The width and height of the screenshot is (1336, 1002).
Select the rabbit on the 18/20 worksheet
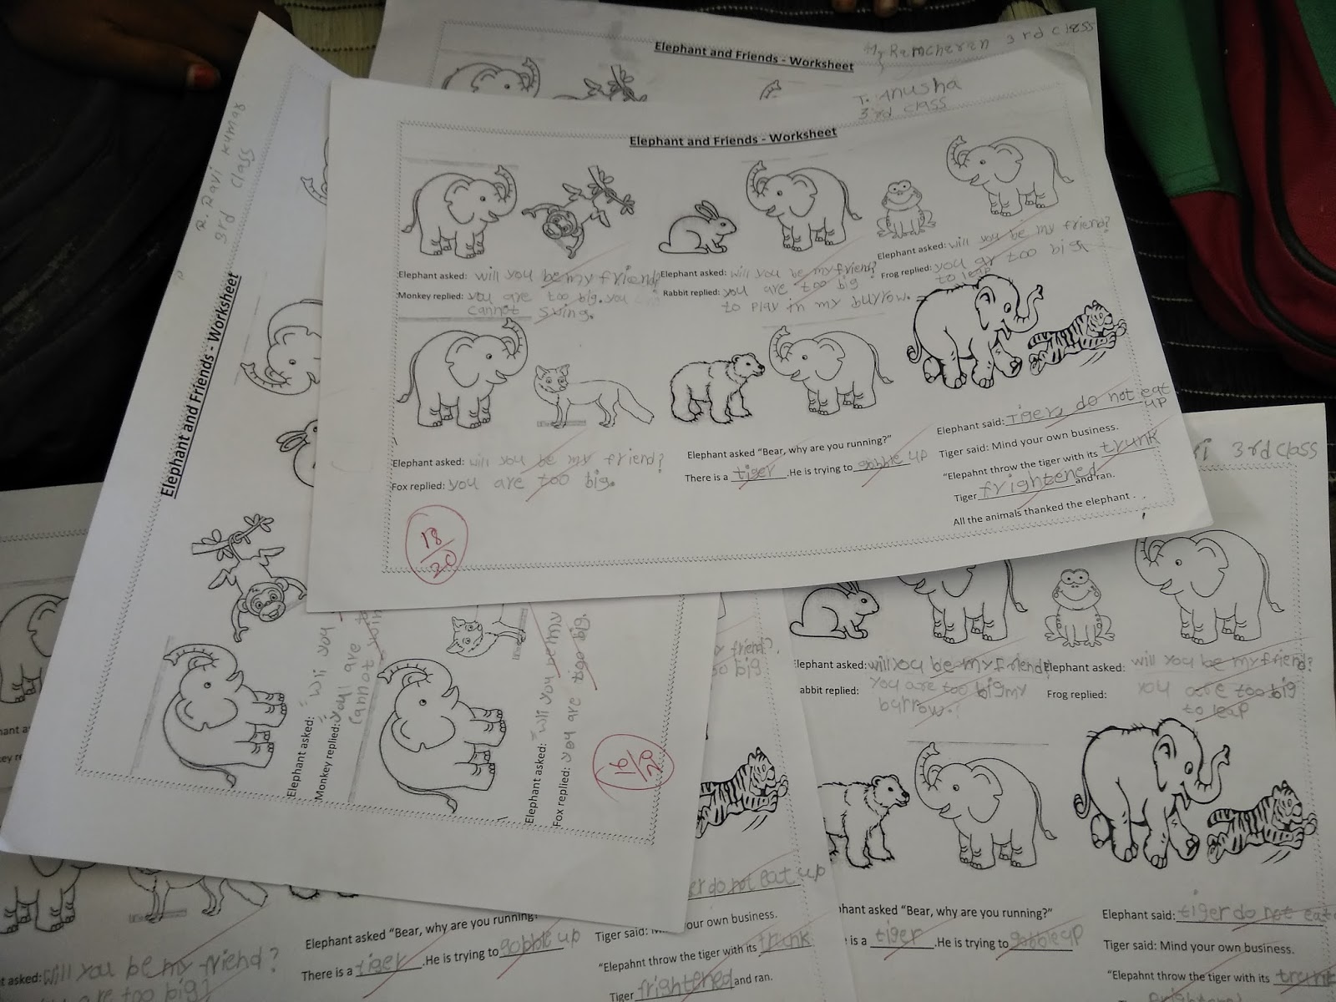coord(698,228)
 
